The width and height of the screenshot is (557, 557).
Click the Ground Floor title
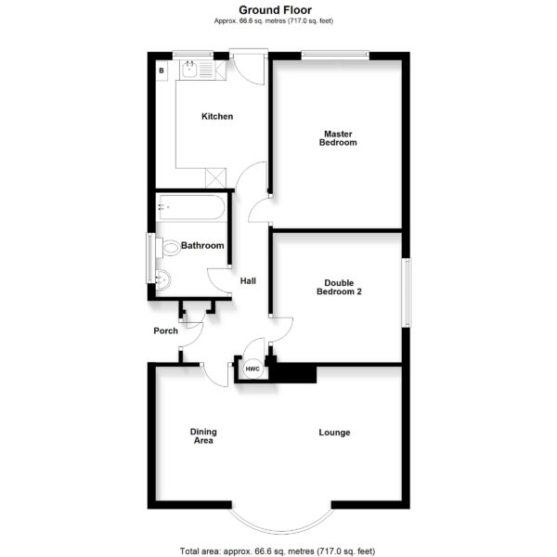pyautogui.click(x=276, y=10)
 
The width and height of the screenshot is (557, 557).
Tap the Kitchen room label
pyautogui.click(x=217, y=117)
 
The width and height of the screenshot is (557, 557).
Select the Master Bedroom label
pyautogui.click(x=338, y=138)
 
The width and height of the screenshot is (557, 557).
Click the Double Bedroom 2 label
pyautogui.click(x=339, y=288)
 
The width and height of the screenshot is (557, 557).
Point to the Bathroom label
pyautogui.click(x=202, y=245)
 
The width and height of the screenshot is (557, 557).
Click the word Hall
pyautogui.click(x=248, y=281)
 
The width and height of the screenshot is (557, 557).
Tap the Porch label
pyautogui.click(x=166, y=330)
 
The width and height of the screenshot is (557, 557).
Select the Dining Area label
pyautogui.click(x=203, y=436)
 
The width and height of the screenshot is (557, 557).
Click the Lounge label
pyautogui.click(x=334, y=433)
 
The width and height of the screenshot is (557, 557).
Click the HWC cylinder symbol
pyautogui.click(x=253, y=369)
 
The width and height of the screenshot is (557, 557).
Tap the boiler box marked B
pyautogui.click(x=162, y=71)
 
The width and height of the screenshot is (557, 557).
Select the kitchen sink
pyautogui.click(x=189, y=70)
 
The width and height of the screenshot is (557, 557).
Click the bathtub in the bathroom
pyautogui.click(x=191, y=207)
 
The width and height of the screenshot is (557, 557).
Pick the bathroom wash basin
pyautogui.click(x=163, y=279)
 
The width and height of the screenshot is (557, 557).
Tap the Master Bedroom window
pyautogui.click(x=335, y=54)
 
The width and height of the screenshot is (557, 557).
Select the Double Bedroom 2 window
pyautogui.click(x=407, y=292)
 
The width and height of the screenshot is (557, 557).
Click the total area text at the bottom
pyautogui.click(x=278, y=551)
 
